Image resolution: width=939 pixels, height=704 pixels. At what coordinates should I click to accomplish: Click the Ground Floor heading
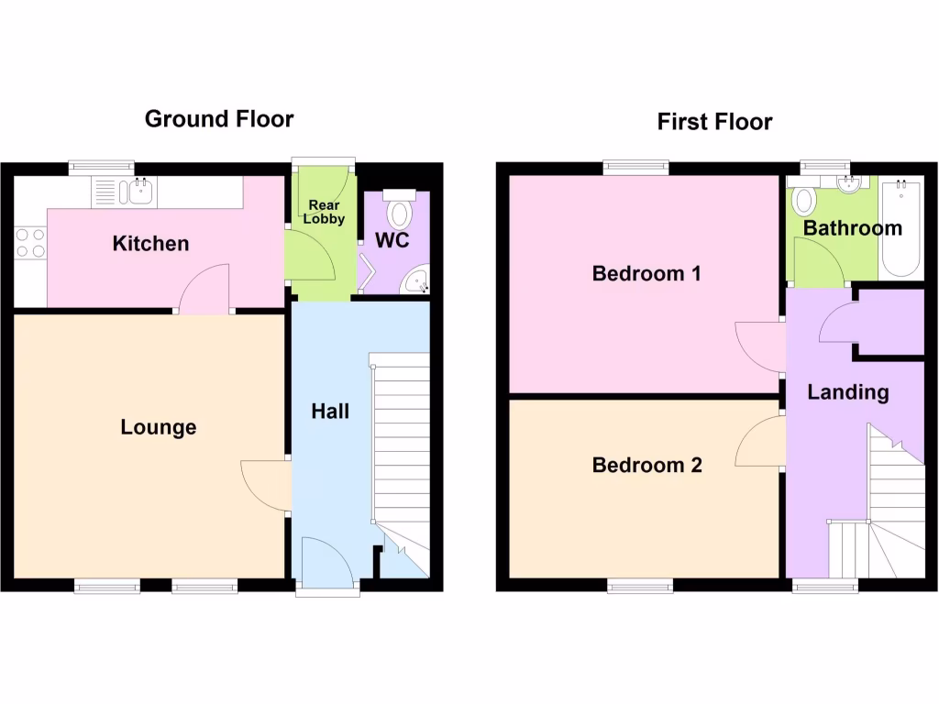tap(219, 118)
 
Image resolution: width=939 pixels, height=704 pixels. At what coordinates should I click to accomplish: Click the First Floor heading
tap(714, 122)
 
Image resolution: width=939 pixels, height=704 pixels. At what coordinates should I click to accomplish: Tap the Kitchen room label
tap(150, 243)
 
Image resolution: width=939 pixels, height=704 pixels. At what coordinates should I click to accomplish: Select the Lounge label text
tap(159, 427)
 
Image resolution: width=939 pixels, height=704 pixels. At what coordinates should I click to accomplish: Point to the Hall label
tap(330, 412)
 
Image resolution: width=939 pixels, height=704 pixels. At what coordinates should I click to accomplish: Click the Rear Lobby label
tap(326, 212)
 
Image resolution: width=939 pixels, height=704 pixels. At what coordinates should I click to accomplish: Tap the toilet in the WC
tap(399, 210)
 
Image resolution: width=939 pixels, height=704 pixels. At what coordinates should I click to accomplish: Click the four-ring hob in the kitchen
tap(30, 242)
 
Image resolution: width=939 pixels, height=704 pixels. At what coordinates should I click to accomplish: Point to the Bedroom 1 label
tap(646, 273)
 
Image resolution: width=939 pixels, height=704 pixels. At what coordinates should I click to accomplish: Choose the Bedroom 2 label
tap(646, 465)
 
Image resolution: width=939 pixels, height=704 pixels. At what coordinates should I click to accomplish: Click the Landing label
tap(848, 392)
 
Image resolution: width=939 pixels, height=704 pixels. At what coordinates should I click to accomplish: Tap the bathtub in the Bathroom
tap(899, 229)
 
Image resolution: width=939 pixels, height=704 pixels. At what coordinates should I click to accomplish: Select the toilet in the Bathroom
tap(805, 201)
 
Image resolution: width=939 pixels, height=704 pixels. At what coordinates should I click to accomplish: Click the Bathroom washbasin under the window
tap(852, 182)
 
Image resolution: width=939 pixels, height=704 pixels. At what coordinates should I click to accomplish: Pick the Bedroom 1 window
tap(635, 167)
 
